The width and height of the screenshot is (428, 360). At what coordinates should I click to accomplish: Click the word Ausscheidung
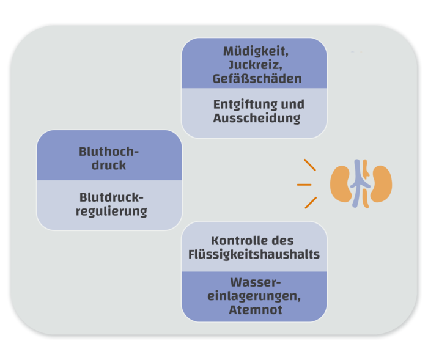[257, 118]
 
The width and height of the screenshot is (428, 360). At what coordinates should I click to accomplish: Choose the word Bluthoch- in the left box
[109, 152]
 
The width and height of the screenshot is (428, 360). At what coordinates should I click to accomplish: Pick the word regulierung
[111, 211]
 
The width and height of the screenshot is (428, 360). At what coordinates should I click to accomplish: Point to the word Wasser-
[255, 282]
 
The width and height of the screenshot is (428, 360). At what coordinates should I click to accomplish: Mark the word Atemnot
[254, 310]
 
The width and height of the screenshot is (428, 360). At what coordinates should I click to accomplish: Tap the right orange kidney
[380, 184]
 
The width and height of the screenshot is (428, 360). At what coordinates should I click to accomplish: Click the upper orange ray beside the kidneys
[310, 164]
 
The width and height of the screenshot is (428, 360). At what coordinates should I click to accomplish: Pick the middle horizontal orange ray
[304, 184]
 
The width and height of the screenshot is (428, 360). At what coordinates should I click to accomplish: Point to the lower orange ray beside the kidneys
[310, 203]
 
